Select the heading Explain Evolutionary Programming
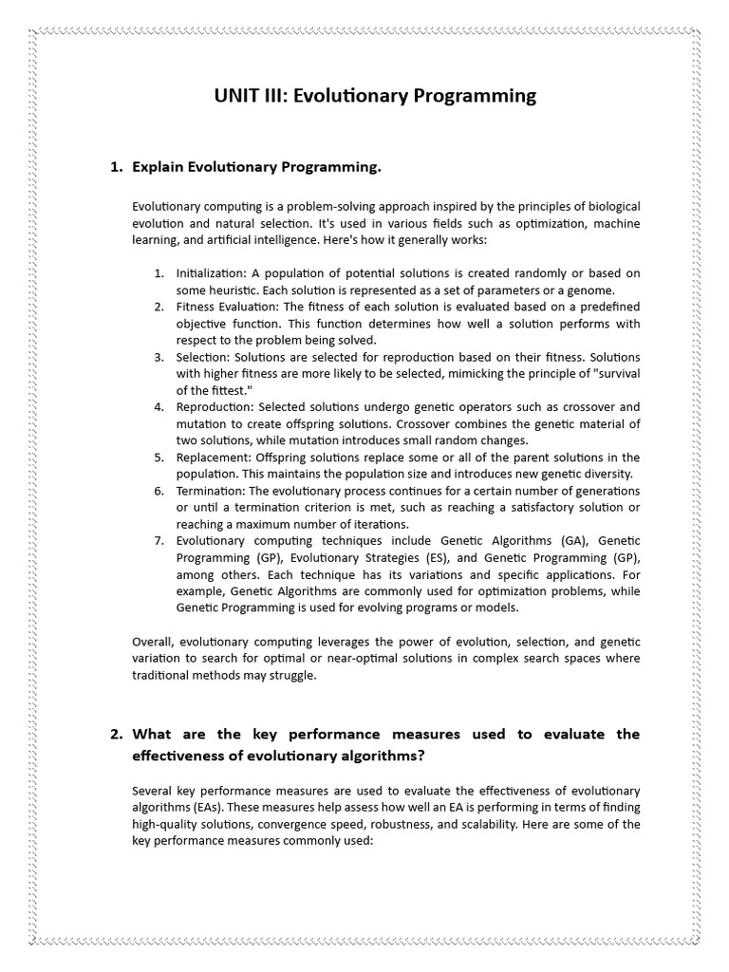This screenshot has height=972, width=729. click(256, 167)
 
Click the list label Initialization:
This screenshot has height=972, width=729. click(212, 273)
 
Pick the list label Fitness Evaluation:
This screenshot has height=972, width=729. click(227, 307)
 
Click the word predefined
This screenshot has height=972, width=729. click(607, 307)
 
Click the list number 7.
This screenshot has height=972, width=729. click(159, 541)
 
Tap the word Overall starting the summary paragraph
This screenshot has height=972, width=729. click(153, 642)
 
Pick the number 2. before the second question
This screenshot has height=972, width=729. click(117, 734)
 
